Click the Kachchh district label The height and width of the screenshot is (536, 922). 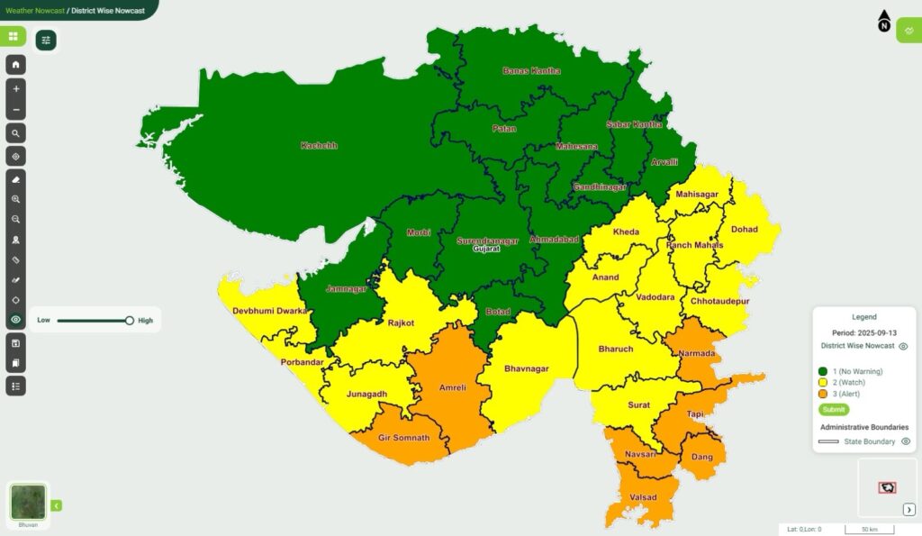click(x=318, y=145)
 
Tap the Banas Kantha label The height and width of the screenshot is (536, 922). click(x=531, y=71)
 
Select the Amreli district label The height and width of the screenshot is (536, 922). click(x=452, y=388)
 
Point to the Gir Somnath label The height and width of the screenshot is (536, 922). click(x=402, y=438)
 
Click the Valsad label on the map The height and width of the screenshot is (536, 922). click(x=642, y=497)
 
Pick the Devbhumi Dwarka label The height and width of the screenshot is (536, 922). click(x=270, y=311)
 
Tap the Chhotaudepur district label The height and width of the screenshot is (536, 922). click(x=720, y=302)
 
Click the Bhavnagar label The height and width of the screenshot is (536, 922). click(x=527, y=368)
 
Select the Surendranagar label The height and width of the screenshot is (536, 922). click(x=489, y=241)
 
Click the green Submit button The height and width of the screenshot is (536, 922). click(x=834, y=410)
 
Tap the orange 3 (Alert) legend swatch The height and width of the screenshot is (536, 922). click(x=823, y=394)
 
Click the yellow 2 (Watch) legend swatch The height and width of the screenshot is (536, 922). click(x=823, y=382)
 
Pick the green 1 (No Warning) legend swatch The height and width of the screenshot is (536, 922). click(x=823, y=371)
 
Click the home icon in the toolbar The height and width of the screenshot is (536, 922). click(x=16, y=66)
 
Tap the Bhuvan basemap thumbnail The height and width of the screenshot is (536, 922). click(x=29, y=503)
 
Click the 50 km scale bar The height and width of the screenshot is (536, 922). click(x=869, y=529)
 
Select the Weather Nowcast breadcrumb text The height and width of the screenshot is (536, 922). click(x=32, y=10)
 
